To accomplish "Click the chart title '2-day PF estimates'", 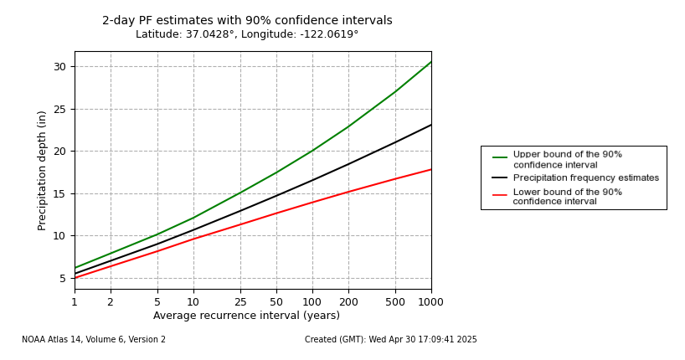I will click(x=247, y=21).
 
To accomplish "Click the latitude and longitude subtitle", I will click(x=247, y=35).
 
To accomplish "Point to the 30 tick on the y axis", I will click(x=59, y=67).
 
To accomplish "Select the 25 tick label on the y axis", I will click(x=59, y=109).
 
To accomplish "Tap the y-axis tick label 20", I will click(x=59, y=152).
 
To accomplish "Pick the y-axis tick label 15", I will click(x=59, y=193).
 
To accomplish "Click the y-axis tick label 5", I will click(x=63, y=278).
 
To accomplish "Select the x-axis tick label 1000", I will click(x=430, y=302).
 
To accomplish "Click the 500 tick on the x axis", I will click(x=395, y=302).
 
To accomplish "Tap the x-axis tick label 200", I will click(x=348, y=302).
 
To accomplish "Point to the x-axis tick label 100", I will click(x=312, y=302).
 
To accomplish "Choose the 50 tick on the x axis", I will click(x=276, y=302).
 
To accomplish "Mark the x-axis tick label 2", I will click(x=111, y=302).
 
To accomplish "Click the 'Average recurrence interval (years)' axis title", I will click(x=246, y=316).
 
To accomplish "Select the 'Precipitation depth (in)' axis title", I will click(x=42, y=170).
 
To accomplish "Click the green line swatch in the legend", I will click(x=500, y=157).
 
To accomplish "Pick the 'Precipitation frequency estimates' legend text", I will click(x=585, y=178).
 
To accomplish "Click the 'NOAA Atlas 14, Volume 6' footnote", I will click(x=94, y=340).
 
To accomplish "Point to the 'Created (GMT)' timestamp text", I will click(x=390, y=340).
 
